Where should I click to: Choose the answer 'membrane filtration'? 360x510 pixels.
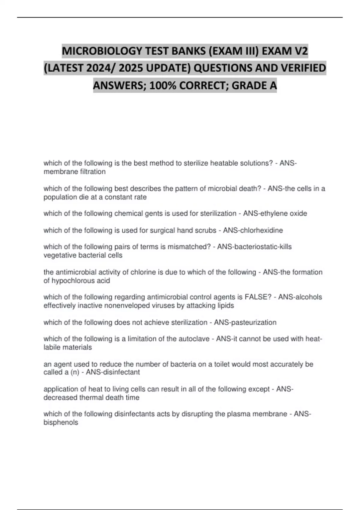tap(74, 172)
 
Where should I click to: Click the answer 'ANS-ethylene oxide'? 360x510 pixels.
tap(275, 214)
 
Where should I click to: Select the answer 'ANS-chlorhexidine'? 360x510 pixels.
tap(253, 230)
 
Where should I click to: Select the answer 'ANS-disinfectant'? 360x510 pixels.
tap(113, 372)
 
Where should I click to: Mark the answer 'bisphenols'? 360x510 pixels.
tap(61, 423)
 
